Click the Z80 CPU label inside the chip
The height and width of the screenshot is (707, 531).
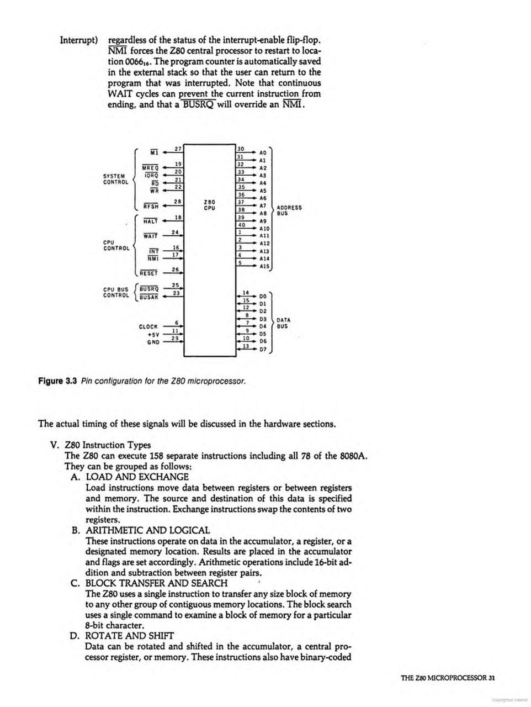coord(209,205)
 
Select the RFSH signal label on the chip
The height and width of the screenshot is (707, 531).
coord(151,207)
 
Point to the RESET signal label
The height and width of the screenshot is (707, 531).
coord(148,273)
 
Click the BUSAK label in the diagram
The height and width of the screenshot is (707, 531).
coord(149,297)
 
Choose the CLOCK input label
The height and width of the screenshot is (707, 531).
coord(148,327)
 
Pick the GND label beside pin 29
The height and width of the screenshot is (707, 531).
coord(153,342)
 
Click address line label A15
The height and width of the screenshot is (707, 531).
coord(264,266)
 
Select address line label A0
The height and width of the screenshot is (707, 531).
coord(263,152)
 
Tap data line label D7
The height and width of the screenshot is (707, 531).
coord(263,350)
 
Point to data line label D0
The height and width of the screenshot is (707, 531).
coord(263,296)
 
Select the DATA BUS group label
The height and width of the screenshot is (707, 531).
coord(284,323)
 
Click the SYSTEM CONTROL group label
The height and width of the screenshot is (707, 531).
coord(116,179)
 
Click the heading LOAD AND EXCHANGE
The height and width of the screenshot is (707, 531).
coord(137,477)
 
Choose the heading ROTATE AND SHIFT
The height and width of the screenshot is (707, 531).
coord(130,636)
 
